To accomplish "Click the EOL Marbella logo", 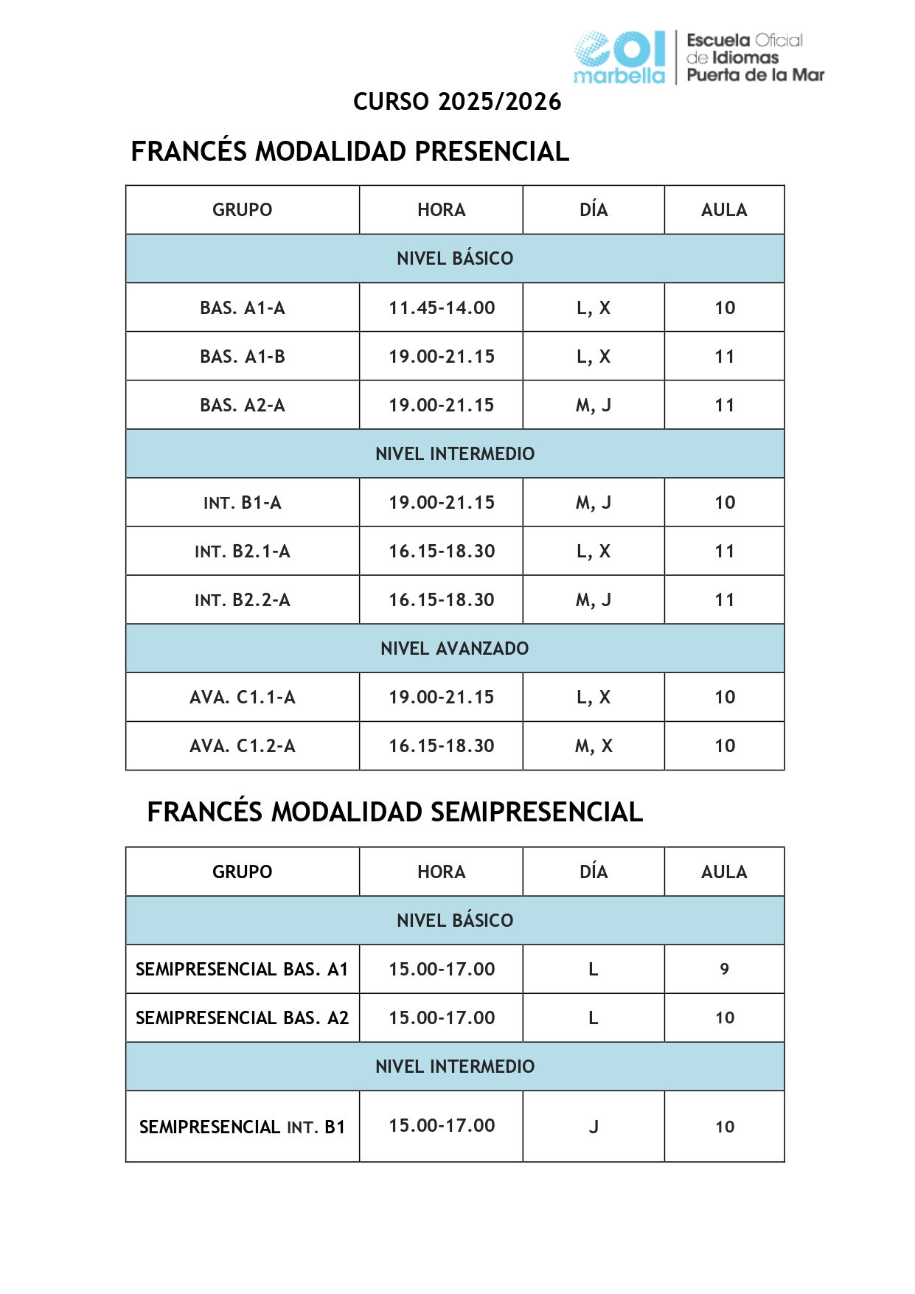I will pyautogui.click(x=620, y=57).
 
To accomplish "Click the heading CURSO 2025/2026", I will pyautogui.click(x=457, y=102).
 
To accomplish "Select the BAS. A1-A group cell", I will pyautogui.click(x=243, y=307).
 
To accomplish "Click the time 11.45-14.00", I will pyautogui.click(x=442, y=307).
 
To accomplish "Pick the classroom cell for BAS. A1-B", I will pyautogui.click(x=724, y=357).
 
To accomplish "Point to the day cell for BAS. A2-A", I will pyautogui.click(x=594, y=406).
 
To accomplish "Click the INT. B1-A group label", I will pyautogui.click(x=243, y=503).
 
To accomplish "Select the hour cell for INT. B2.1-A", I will pyautogui.click(x=442, y=552).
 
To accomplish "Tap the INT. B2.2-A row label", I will pyautogui.click(x=243, y=600).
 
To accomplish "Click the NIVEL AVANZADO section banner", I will pyautogui.click(x=455, y=649).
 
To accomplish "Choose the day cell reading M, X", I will pyautogui.click(x=594, y=746).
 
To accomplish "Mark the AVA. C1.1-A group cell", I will pyautogui.click(x=243, y=698).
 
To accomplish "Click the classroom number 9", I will pyautogui.click(x=724, y=969).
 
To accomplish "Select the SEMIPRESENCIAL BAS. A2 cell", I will pyautogui.click(x=243, y=1018).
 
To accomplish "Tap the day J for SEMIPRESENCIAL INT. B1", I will pyautogui.click(x=594, y=1127).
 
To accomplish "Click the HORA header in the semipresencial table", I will pyautogui.click(x=442, y=872).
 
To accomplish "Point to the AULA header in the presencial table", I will pyautogui.click(x=724, y=210).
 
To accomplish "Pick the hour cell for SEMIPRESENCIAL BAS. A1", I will pyautogui.click(x=442, y=969).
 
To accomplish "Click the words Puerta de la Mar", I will pyautogui.click(x=755, y=75).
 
